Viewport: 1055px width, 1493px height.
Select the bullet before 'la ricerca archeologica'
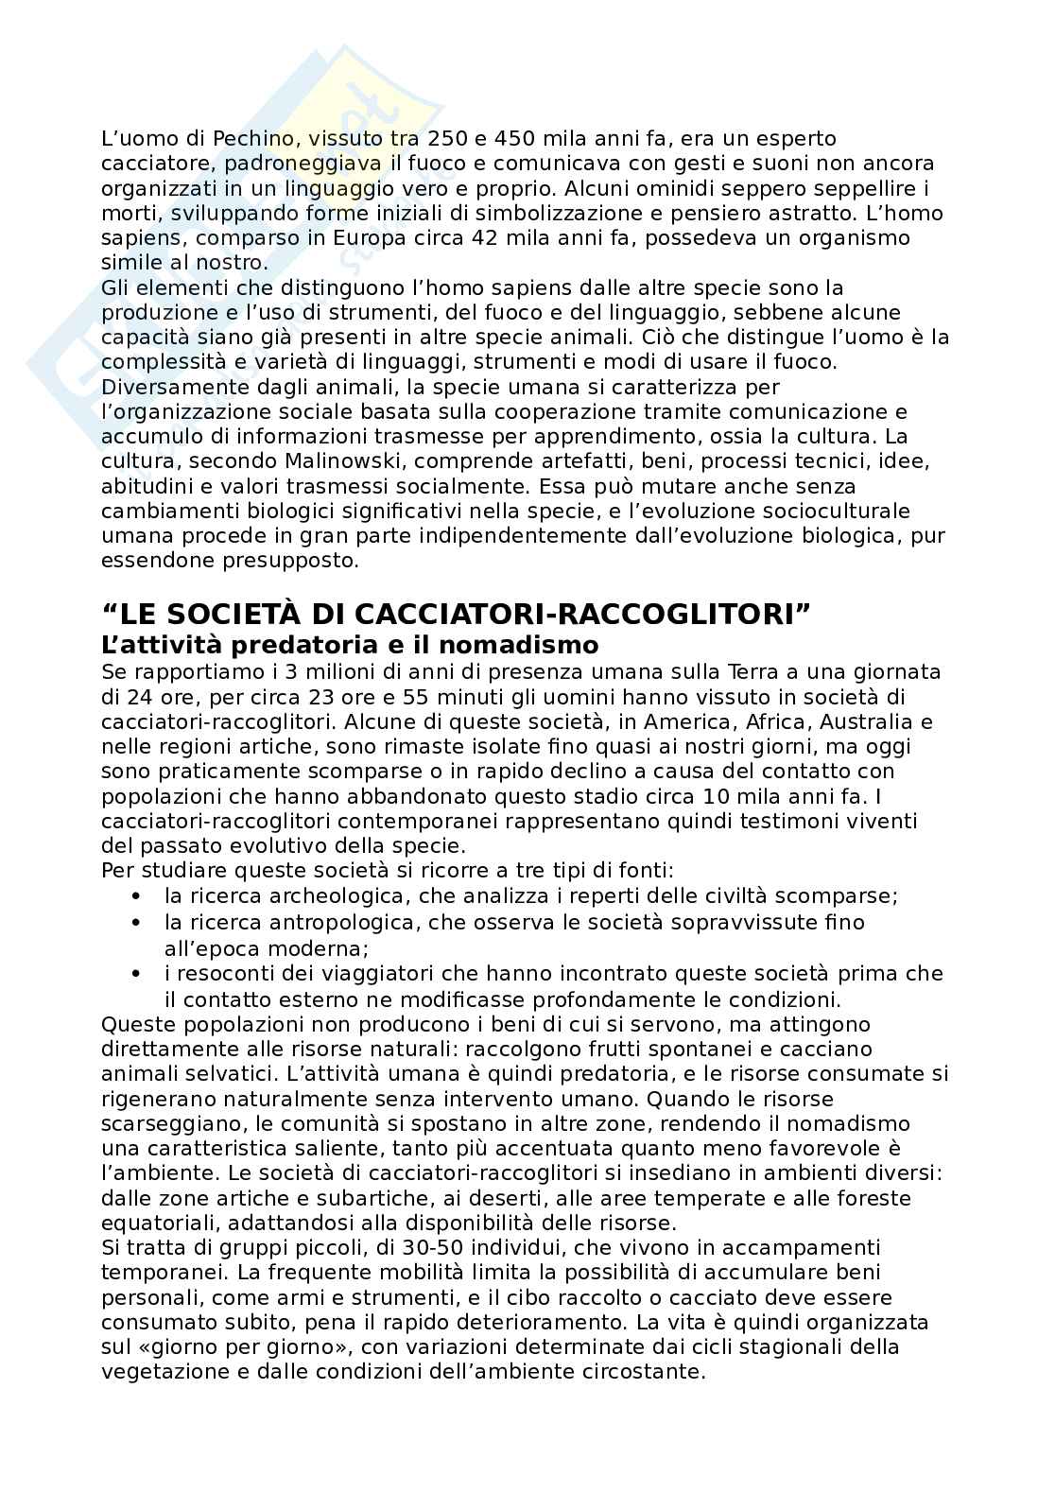(x=137, y=895)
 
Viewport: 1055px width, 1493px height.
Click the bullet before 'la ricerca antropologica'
(x=137, y=921)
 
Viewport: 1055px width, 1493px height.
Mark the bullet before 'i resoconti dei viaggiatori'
(x=137, y=973)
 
